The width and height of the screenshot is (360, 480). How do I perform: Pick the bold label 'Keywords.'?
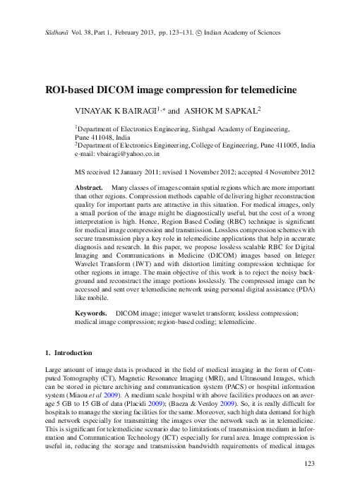(x=92, y=312)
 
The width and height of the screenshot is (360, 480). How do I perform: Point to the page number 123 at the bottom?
(x=308, y=463)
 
